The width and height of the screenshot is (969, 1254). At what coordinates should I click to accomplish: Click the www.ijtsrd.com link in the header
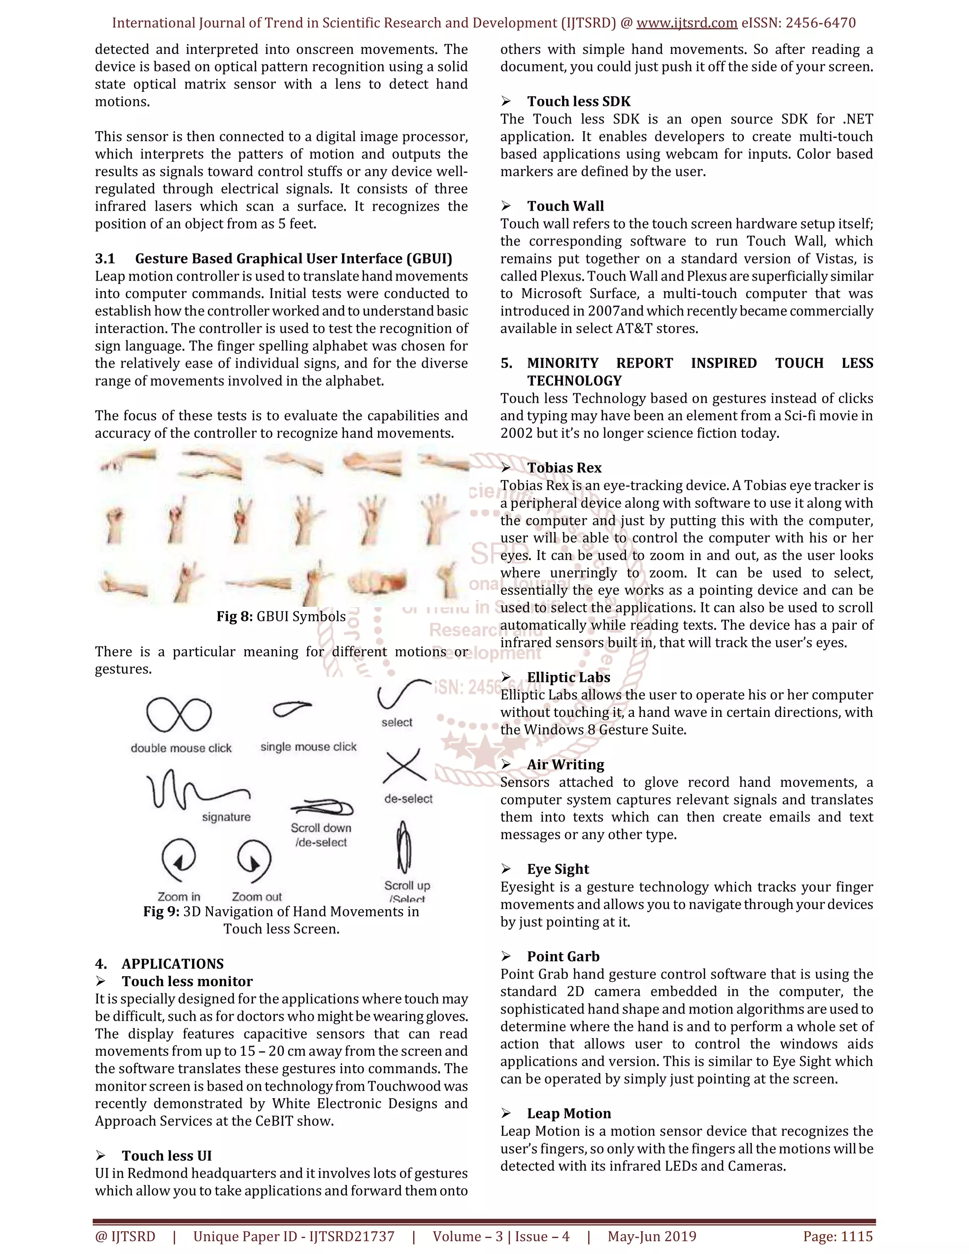(687, 23)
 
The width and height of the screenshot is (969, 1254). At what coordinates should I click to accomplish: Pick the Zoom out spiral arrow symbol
(254, 859)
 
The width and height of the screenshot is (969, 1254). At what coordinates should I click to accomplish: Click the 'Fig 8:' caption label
(234, 617)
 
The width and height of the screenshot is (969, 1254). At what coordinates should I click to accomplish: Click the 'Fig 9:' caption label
(161, 912)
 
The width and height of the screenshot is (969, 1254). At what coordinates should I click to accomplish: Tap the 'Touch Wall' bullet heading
(565, 206)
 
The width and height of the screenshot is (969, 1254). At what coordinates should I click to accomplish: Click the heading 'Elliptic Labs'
(568, 678)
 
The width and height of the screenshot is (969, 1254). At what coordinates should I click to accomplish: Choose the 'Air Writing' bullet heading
(565, 765)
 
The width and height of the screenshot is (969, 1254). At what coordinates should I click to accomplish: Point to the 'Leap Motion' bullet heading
(568, 1114)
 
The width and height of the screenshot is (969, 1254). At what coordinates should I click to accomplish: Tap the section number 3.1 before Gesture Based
(105, 259)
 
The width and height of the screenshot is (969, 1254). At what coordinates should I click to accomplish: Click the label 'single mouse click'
(308, 747)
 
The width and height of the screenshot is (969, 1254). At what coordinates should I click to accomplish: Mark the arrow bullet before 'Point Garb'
(506, 956)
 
